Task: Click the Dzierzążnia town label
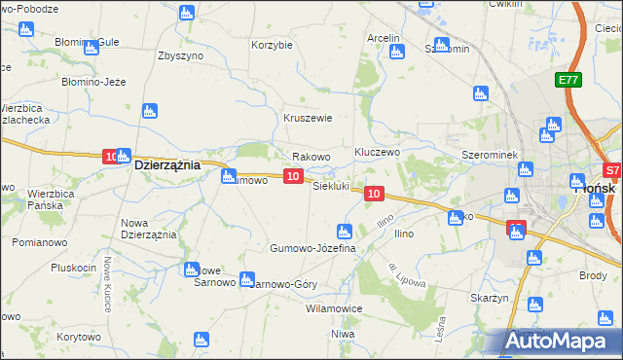click(166, 165)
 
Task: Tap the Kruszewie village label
click(309, 118)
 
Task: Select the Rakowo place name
click(311, 156)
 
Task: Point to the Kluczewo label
click(378, 153)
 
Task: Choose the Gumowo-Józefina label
click(313, 249)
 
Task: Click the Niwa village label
click(342, 334)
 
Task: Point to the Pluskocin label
click(72, 268)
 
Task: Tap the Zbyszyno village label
click(180, 55)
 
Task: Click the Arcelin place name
click(384, 38)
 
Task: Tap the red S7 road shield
click(611, 168)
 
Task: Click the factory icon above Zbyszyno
click(186, 13)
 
